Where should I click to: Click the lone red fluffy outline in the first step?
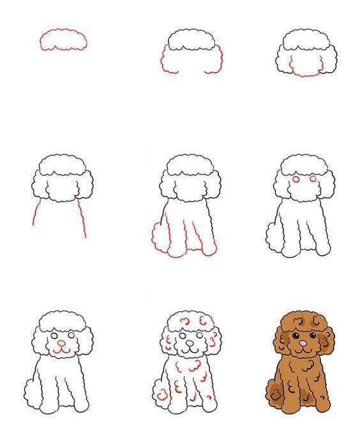(63, 39)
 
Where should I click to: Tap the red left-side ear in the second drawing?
(164, 59)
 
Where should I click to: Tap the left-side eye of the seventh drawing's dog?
(54, 334)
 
